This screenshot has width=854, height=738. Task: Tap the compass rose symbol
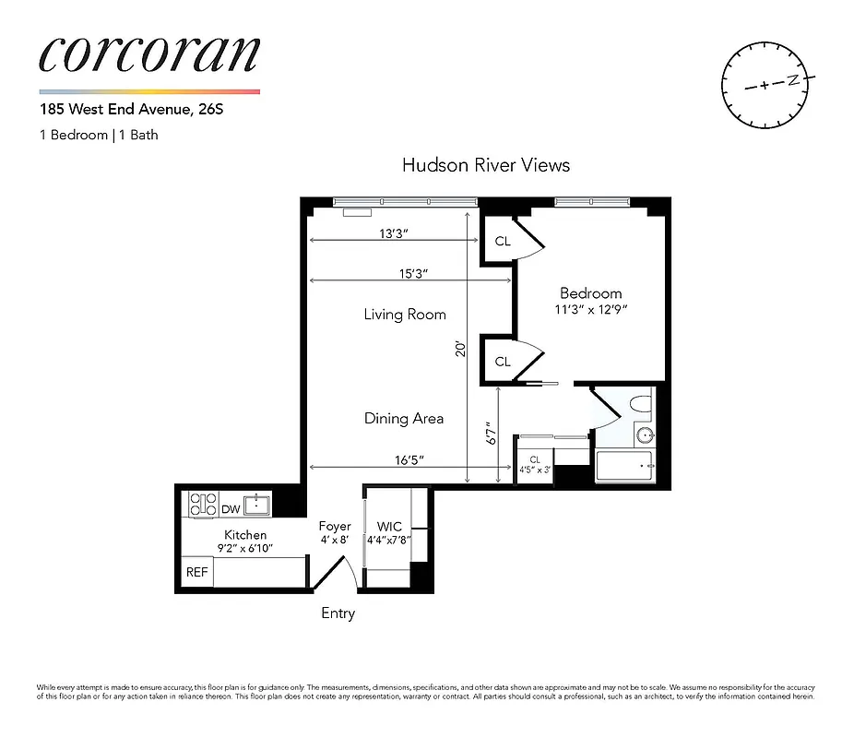[x=767, y=84]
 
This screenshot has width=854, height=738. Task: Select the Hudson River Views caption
[x=486, y=165]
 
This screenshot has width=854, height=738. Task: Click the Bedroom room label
[x=591, y=293]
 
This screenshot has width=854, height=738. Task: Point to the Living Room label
[x=405, y=315]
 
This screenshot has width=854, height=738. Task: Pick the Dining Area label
[x=404, y=418]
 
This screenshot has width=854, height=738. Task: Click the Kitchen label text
[x=246, y=535]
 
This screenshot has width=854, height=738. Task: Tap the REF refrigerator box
[x=197, y=572]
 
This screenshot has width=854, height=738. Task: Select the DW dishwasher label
[x=230, y=508]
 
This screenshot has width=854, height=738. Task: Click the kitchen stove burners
[x=202, y=505]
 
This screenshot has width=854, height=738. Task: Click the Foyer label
[x=335, y=527]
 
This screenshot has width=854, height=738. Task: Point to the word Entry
[x=338, y=613]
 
